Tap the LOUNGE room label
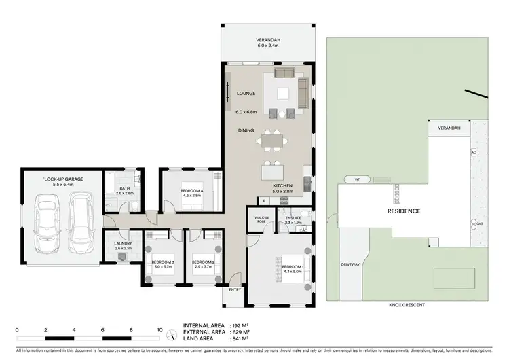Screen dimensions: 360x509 tap(245, 94)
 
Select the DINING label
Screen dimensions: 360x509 tap(246, 130)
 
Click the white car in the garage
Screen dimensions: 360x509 tap(48, 219)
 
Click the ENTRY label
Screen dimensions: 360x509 tap(235, 290)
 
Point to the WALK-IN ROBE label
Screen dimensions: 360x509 tap(260, 220)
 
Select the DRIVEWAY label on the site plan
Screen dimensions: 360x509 tap(351, 264)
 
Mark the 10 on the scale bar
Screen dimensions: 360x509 tap(159, 330)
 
